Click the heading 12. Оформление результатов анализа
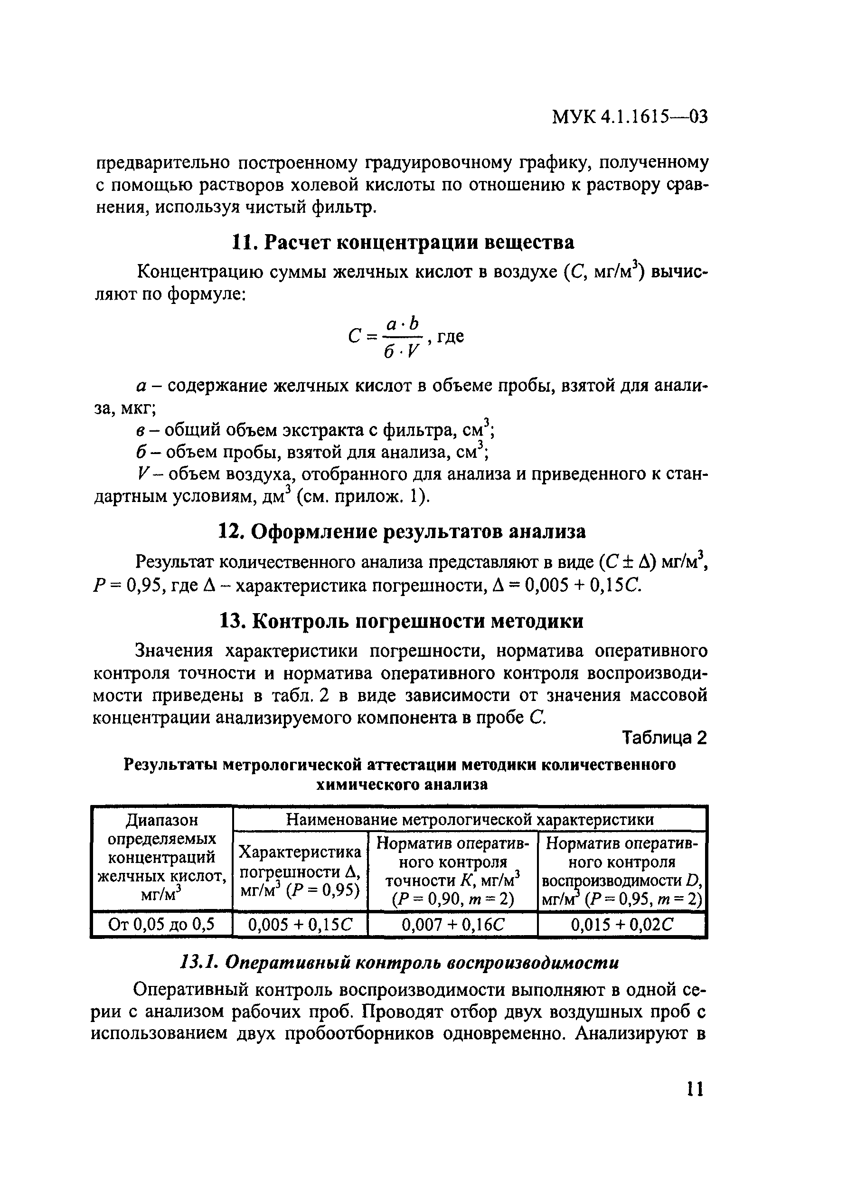pyautogui.click(x=402, y=531)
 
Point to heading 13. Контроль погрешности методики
pyautogui.click(x=401, y=621)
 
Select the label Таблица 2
pyautogui.click(x=665, y=739)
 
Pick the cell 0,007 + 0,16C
pyautogui.click(x=453, y=924)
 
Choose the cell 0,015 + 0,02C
pyautogui.click(x=621, y=924)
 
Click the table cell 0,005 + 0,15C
pyautogui.click(x=300, y=924)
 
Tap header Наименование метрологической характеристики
pyautogui.click(x=470, y=820)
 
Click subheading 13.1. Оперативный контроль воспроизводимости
pyautogui.click(x=400, y=963)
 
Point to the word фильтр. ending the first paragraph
pyautogui.click(x=344, y=208)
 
